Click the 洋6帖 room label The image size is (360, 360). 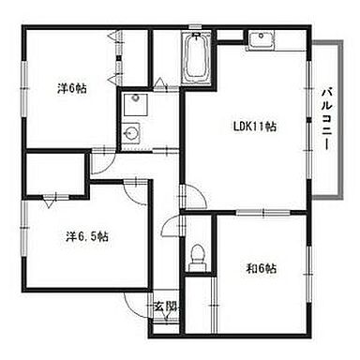pos(72,89)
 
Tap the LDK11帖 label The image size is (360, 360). pos(255,127)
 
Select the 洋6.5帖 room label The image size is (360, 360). pos(87,236)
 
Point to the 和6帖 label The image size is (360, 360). pos(262,268)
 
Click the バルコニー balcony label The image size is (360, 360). pos(327,119)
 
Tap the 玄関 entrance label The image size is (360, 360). pos(165,307)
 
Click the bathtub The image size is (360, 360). pos(197,58)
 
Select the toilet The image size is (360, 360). pos(198,256)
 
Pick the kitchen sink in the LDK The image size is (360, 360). pos(262,39)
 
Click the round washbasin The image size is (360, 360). pos(131,133)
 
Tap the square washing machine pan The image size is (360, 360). pos(136,104)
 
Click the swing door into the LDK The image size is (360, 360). pos(193,196)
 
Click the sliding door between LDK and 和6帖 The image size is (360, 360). pos(263,213)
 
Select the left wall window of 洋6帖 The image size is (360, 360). pos(24,89)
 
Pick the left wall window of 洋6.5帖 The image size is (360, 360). pos(24,228)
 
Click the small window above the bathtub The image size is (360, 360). pos(195,27)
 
